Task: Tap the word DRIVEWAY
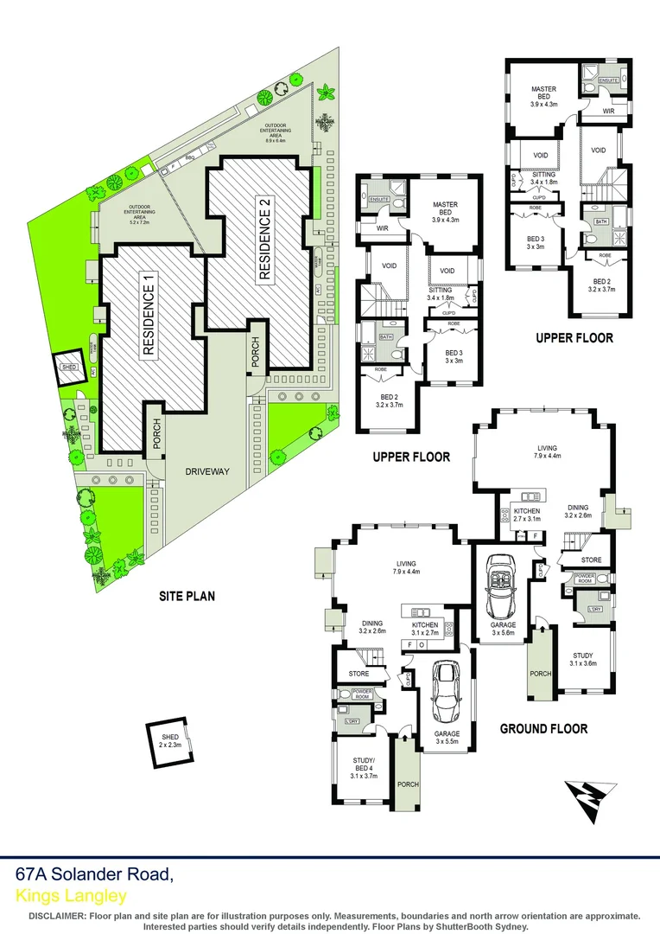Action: click(x=206, y=472)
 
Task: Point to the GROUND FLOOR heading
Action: click(x=543, y=729)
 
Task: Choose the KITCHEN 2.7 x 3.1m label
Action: click(x=527, y=515)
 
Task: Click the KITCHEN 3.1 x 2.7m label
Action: click(x=425, y=629)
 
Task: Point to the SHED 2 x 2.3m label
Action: click(x=168, y=741)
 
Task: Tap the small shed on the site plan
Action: click(x=68, y=368)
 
